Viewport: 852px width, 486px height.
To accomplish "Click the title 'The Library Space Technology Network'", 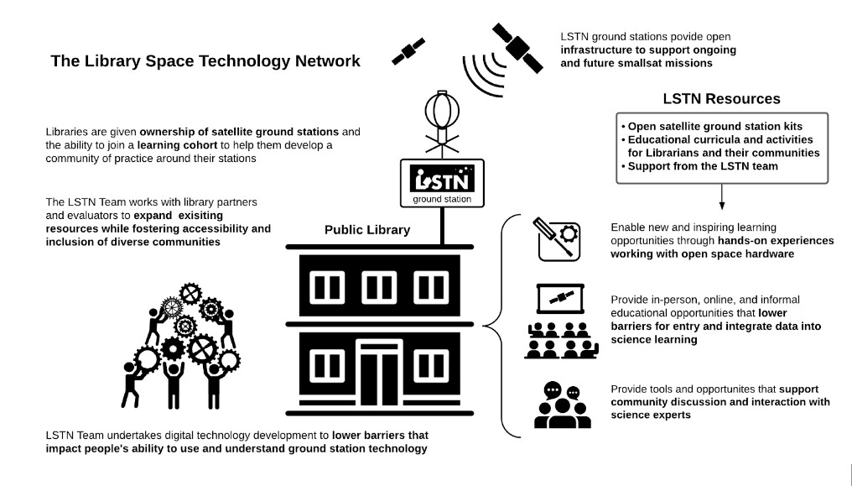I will click(x=205, y=61).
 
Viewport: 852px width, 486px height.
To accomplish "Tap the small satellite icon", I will click(x=408, y=51).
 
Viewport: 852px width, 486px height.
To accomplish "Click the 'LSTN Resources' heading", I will click(x=721, y=99).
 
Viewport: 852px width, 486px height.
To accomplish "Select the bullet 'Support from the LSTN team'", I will click(x=701, y=166).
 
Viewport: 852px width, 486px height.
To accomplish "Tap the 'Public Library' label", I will click(x=367, y=230).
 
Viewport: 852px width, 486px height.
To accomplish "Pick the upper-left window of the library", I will click(x=329, y=286).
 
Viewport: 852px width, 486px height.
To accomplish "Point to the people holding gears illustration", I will click(x=181, y=339).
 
